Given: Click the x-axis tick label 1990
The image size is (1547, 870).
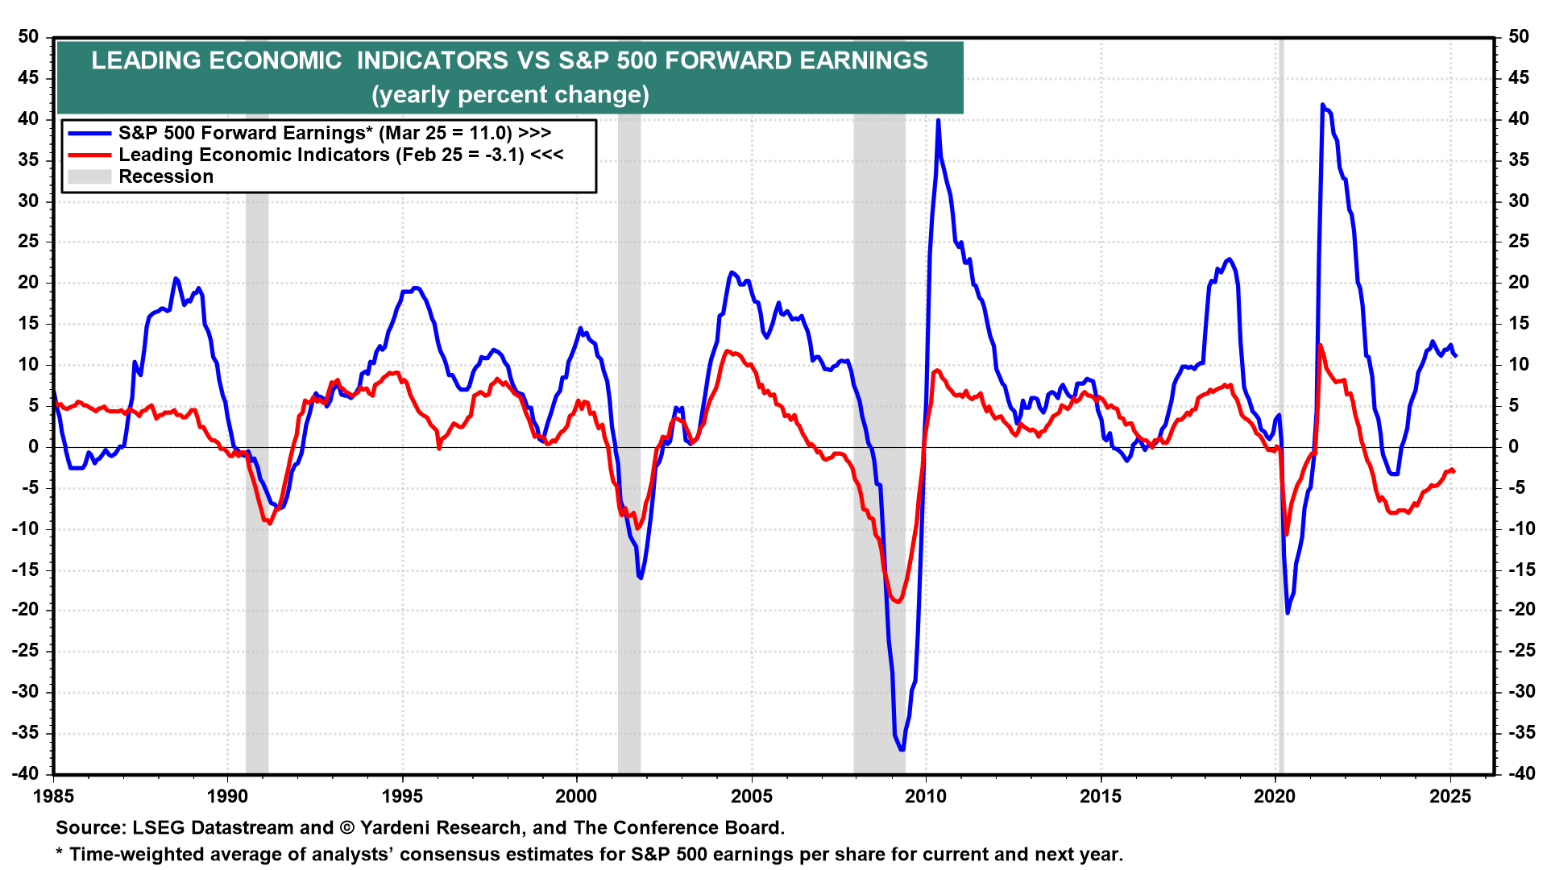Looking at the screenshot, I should [x=227, y=797].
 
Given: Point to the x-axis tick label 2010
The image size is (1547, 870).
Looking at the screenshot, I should [x=926, y=797].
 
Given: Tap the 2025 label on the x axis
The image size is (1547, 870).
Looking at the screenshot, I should [x=1450, y=797].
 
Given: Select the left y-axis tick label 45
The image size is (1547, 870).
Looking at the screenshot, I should [x=28, y=78].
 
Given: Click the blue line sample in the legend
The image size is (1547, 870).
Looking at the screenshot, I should [x=89, y=133].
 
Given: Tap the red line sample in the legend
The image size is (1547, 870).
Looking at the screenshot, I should [x=89, y=155].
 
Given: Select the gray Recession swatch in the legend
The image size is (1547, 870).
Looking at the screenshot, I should [x=89, y=176].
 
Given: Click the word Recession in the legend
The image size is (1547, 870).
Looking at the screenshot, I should [x=166, y=176].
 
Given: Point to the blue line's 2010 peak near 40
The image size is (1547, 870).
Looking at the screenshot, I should [x=938, y=121].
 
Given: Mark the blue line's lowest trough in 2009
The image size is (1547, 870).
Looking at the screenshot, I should [x=901, y=750].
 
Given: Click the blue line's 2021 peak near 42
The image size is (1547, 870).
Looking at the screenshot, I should [x=1322, y=105].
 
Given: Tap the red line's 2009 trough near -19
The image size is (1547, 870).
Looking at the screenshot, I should [x=898, y=601].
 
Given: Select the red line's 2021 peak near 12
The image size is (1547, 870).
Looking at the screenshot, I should [x=1320, y=346].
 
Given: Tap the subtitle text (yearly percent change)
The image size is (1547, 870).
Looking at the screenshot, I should [x=510, y=95].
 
